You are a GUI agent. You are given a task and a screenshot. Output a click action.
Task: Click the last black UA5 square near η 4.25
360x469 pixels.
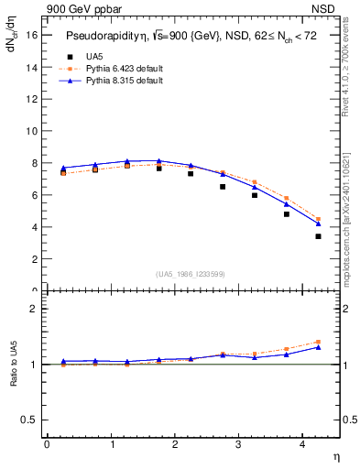pyautogui.click(x=318, y=236)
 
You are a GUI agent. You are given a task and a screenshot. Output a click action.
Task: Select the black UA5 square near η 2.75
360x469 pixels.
pyautogui.click(x=223, y=187)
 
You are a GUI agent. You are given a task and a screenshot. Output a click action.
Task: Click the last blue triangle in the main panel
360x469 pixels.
pyautogui.click(x=318, y=224)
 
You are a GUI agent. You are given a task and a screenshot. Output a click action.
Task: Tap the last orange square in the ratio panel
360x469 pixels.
pyautogui.click(x=318, y=342)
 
